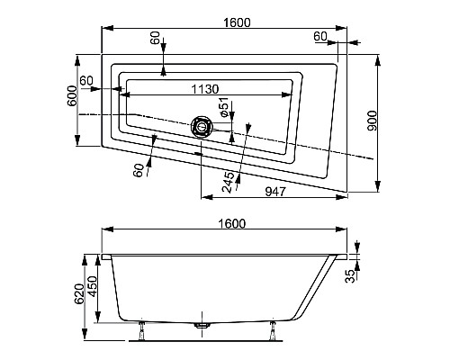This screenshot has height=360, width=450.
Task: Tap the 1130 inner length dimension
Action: pyautogui.click(x=208, y=89)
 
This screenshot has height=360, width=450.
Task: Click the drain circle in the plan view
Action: pyautogui.click(x=199, y=127)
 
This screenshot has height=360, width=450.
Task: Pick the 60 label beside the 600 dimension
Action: pyautogui.click(x=86, y=81)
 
